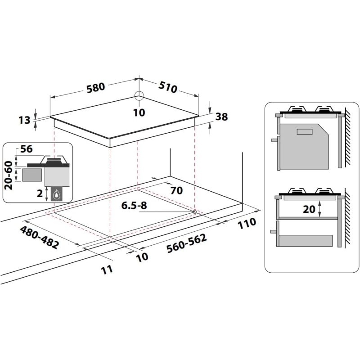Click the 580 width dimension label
(x=96, y=88)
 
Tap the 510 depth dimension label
(x=168, y=87)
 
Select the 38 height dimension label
(x=221, y=117)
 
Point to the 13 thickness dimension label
(x=24, y=120)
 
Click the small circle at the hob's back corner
(x=139, y=96)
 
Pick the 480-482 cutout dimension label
(x=39, y=238)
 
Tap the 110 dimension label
(x=247, y=223)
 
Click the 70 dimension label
(x=176, y=190)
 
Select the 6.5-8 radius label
(x=134, y=205)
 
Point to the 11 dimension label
(x=107, y=270)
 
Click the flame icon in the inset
(x=56, y=195)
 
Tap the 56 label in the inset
(x=27, y=149)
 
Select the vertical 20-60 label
(x=9, y=175)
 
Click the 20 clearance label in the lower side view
(x=309, y=209)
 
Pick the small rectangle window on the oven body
(x=305, y=132)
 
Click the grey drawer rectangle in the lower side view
(x=306, y=241)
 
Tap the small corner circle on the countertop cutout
(x=194, y=211)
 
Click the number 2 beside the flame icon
(x=40, y=193)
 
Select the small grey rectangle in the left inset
(x=32, y=175)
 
